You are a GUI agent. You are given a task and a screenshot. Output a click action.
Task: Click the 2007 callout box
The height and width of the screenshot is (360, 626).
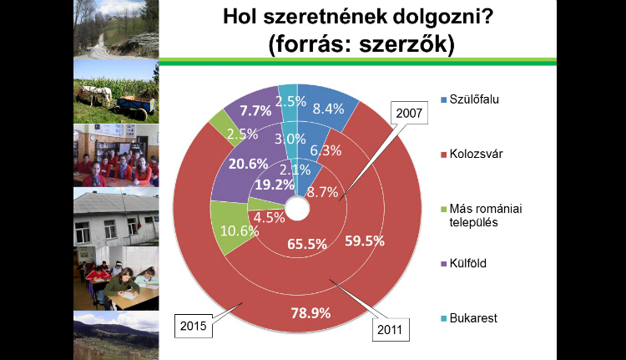point(409,113)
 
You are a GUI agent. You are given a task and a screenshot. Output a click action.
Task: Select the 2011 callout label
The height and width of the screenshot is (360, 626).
point(391,330)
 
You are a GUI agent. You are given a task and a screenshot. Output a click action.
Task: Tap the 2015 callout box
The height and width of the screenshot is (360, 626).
point(194,326)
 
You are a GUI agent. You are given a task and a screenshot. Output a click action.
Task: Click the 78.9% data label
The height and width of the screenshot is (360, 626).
point(310,313)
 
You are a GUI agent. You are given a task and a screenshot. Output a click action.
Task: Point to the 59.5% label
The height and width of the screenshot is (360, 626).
point(365,241)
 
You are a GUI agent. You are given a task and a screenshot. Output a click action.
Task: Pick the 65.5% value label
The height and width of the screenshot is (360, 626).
point(307,244)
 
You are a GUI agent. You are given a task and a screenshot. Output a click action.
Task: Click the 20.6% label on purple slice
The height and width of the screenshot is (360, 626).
point(248,164)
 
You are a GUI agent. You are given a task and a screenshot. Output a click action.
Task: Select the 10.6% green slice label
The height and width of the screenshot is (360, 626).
point(240,231)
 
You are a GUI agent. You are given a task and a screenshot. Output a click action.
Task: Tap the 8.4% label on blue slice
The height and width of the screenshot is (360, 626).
point(328,109)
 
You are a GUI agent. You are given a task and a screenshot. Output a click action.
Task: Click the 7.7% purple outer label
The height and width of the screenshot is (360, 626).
point(255,110)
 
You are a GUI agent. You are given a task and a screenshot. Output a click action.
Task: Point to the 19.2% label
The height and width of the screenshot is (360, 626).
point(275,185)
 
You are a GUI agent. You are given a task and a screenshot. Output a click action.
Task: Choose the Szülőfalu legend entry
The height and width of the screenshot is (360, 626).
point(470,99)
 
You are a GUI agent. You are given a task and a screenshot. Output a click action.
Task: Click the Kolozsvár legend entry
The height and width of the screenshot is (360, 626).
point(472,154)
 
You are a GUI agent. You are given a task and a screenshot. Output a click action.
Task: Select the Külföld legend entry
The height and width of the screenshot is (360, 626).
point(463,263)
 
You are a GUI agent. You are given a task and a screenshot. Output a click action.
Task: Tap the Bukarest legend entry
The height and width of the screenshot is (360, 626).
point(469,318)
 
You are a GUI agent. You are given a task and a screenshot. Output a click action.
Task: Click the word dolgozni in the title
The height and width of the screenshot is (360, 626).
point(438,18)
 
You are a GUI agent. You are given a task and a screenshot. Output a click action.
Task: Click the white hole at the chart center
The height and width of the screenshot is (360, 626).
point(297,208)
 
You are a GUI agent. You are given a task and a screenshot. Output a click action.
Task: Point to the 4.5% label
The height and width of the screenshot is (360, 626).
point(269,217)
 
